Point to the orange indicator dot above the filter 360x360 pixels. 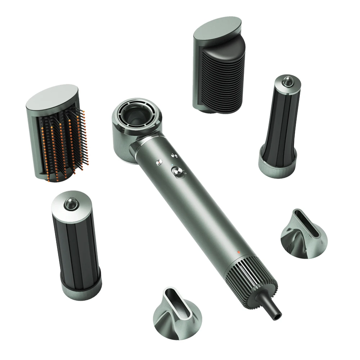(x=239, y=251)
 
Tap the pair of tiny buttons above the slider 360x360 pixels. (x=174, y=156)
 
